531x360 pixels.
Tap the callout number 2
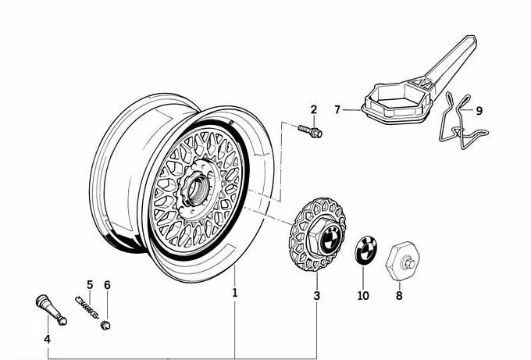314,109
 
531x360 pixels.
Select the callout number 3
316,296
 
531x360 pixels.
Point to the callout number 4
47,339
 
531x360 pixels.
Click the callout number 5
90,284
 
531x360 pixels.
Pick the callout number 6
108,284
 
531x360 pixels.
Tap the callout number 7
337,110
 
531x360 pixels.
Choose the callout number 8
399,296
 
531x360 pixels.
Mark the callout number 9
479,110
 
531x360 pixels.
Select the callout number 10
363,296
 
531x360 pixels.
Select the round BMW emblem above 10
365,251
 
